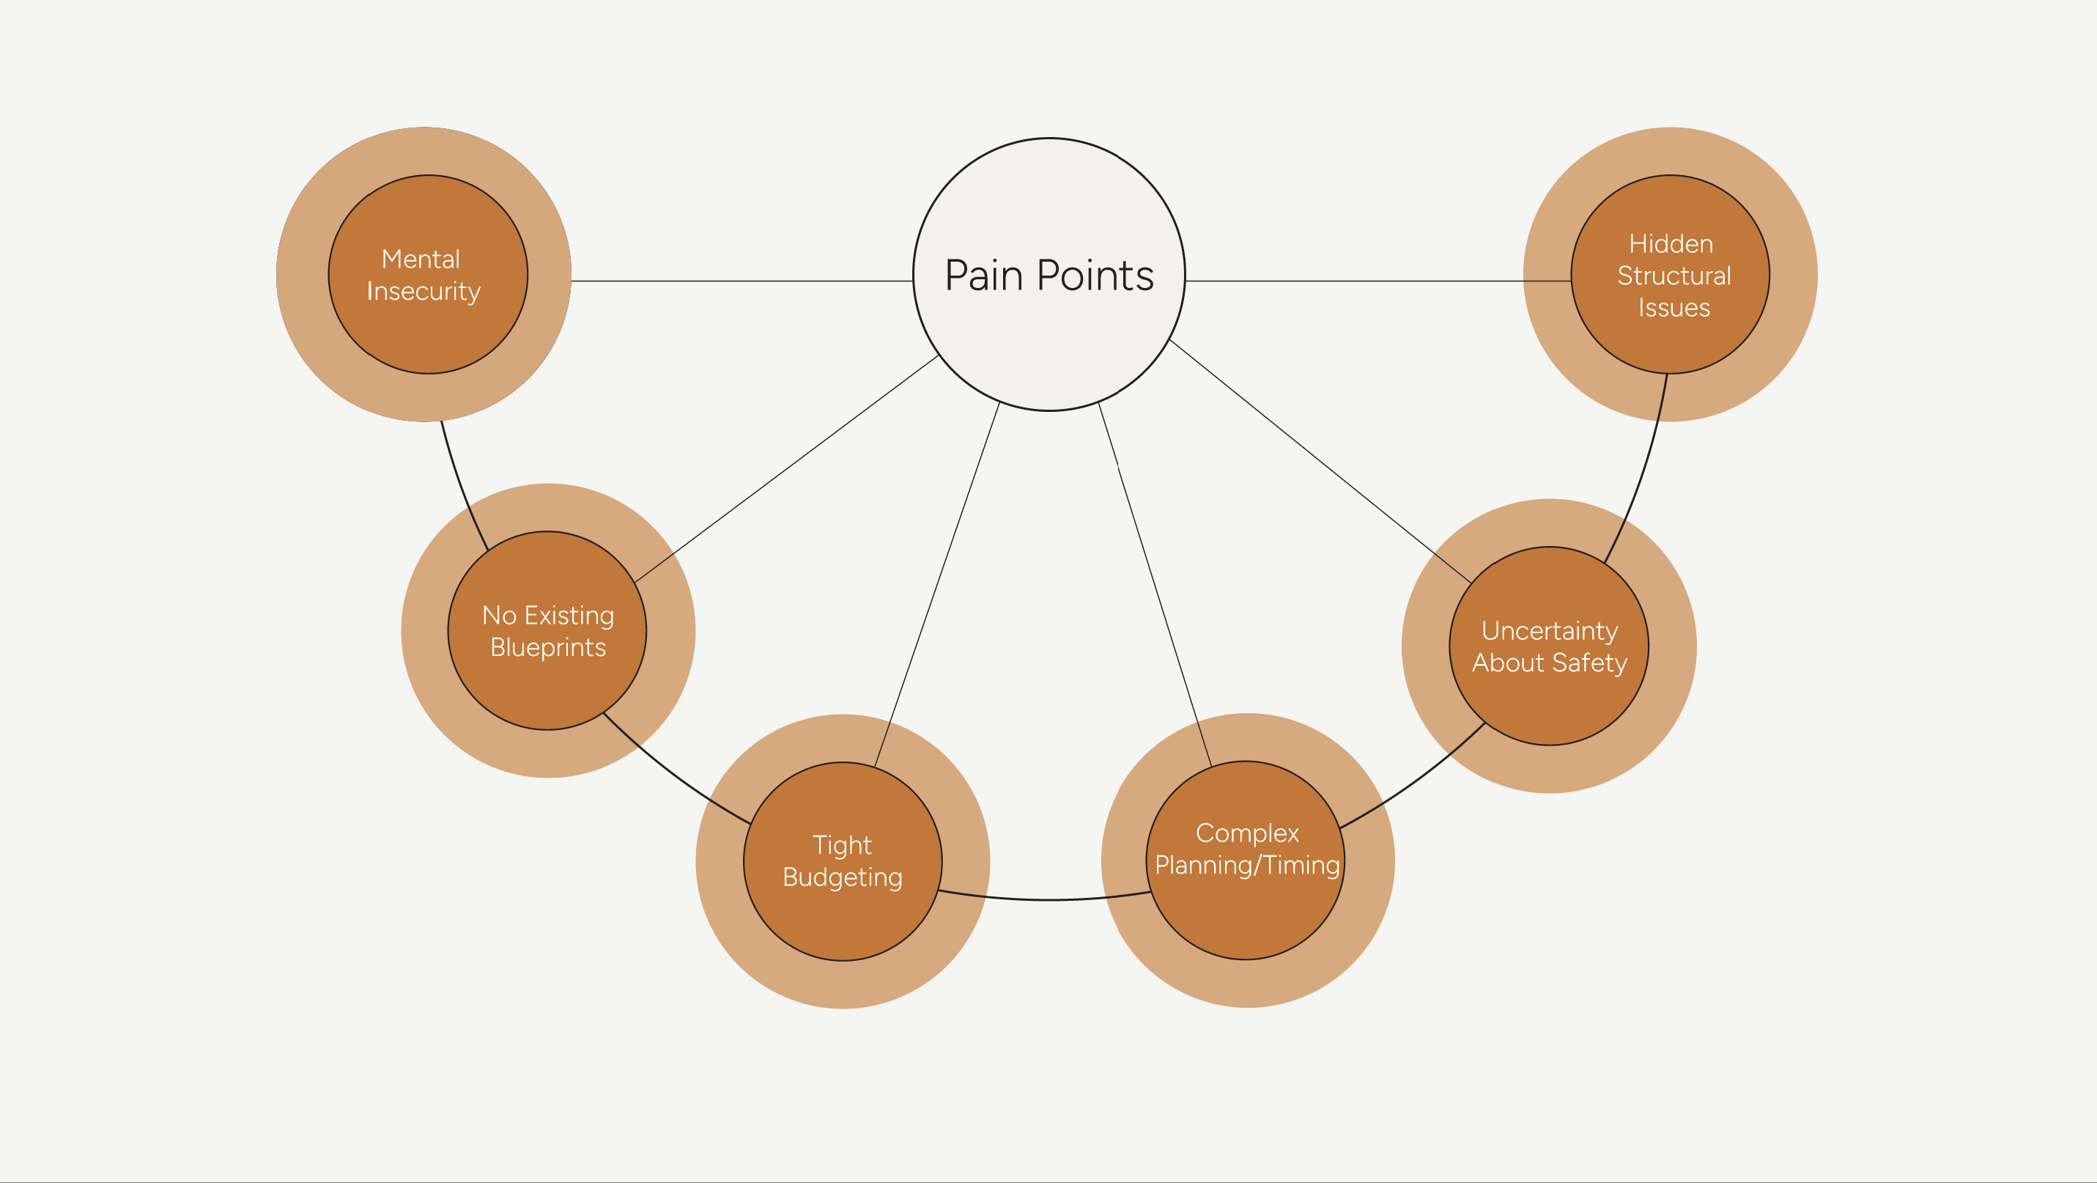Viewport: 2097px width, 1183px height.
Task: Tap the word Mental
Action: [421, 259]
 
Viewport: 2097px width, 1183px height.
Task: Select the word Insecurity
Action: [424, 291]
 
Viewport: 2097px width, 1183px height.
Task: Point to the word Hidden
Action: [1671, 243]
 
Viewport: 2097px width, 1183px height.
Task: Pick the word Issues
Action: [1673, 308]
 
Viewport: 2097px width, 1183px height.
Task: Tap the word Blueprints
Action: [548, 647]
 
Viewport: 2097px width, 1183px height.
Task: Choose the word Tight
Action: [842, 845]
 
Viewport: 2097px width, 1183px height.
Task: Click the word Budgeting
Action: [843, 877]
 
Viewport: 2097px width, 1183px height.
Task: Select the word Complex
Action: [1247, 833]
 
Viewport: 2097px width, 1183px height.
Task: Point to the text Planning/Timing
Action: [1247, 865]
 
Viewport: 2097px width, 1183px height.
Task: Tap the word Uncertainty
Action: [1549, 631]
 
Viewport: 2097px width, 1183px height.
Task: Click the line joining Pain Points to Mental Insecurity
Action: [741, 281]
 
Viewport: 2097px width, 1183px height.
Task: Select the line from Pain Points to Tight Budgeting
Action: [936, 585]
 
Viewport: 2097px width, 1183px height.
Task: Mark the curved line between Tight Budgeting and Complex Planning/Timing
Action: [1046, 899]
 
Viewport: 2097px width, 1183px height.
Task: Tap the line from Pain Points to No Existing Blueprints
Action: [785, 469]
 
